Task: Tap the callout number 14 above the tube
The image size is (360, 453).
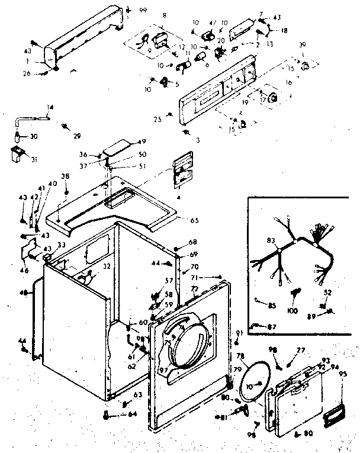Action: pyautogui.click(x=50, y=107)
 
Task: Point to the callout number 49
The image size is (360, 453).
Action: pyautogui.click(x=126, y=141)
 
